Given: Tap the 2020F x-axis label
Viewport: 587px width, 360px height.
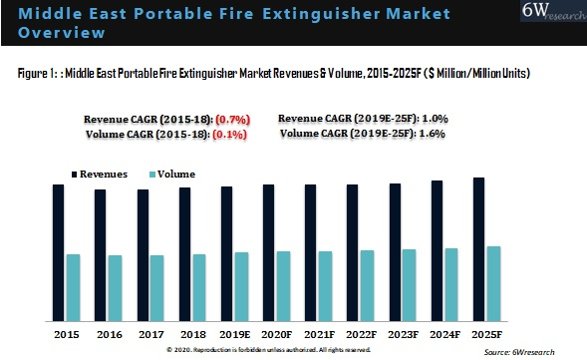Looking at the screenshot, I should click(276, 334).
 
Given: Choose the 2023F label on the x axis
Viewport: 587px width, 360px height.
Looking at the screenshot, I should click(403, 334).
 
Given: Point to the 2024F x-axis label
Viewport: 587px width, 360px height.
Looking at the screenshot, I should click(444, 334).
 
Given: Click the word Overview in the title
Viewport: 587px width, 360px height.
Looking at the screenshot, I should click(62, 33).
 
